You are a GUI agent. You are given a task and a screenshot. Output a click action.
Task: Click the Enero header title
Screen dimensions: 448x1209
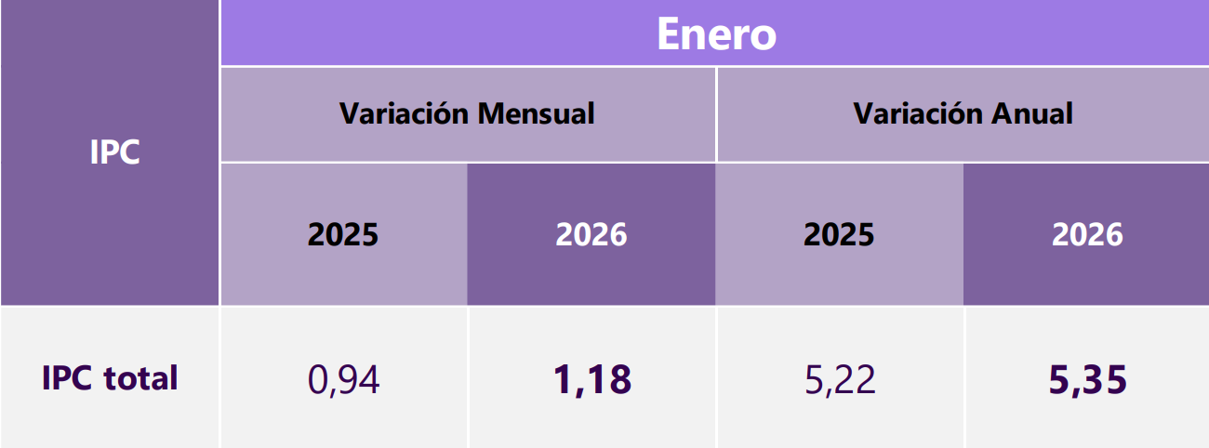(x=716, y=34)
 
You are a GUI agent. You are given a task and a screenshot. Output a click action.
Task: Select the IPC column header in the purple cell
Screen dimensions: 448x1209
(x=115, y=152)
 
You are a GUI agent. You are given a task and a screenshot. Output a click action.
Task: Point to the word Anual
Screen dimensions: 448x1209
(x=1032, y=114)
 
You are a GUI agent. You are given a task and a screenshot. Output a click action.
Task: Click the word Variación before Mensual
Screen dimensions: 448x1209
(x=405, y=114)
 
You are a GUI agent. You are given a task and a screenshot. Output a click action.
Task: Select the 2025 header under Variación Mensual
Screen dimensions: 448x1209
(x=343, y=234)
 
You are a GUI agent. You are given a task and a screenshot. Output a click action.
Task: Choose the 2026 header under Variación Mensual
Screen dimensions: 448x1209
(x=591, y=234)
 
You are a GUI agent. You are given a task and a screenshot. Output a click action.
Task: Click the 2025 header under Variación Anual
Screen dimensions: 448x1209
(x=839, y=234)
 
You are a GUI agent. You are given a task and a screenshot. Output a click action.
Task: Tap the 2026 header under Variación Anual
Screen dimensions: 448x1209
(x=1087, y=234)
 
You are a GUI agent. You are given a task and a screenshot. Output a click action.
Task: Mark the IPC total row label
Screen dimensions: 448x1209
(x=110, y=378)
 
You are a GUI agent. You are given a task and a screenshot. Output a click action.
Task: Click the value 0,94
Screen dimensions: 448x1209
(x=343, y=379)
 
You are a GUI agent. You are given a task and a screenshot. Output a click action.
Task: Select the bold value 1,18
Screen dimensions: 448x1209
(x=591, y=379)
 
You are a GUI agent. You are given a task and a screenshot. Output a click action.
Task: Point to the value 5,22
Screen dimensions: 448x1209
(x=839, y=379)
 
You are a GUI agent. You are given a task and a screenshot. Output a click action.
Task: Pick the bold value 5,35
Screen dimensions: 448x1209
(x=1087, y=379)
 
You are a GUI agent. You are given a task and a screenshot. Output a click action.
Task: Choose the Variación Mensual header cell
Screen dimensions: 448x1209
(x=467, y=114)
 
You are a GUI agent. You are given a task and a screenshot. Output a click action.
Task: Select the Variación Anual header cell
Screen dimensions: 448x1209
(x=963, y=114)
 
